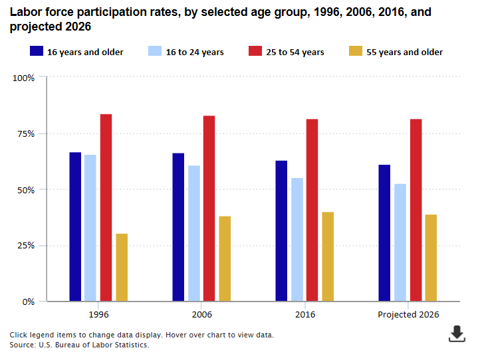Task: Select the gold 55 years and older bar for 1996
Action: click(x=122, y=267)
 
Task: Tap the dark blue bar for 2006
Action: click(x=178, y=226)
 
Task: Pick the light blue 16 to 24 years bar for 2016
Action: click(x=297, y=239)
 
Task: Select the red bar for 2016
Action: click(x=312, y=210)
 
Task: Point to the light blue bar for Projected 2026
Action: click(x=400, y=242)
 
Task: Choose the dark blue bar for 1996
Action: click(x=75, y=226)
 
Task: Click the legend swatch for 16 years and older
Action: click(x=37, y=52)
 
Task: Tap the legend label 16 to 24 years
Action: click(x=195, y=52)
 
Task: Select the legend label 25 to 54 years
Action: click(x=295, y=52)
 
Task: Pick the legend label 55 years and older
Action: click(x=404, y=52)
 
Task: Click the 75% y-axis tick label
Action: click(x=26, y=134)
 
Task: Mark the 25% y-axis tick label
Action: click(x=26, y=246)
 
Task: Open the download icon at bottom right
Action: click(x=457, y=333)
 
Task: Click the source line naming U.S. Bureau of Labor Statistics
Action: click(x=79, y=345)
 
